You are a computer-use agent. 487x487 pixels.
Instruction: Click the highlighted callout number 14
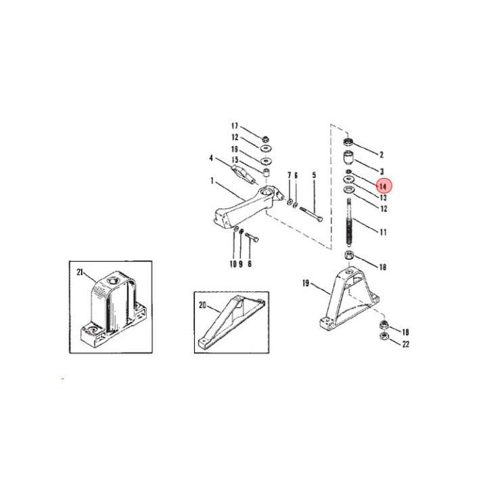click(x=382, y=186)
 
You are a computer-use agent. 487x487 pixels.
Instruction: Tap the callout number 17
click(x=235, y=126)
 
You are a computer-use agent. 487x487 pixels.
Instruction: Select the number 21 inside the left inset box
click(x=80, y=273)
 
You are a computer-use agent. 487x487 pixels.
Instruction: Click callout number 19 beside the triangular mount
click(x=306, y=284)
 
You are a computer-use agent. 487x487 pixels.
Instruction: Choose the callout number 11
click(x=383, y=232)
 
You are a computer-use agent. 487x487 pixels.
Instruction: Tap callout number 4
click(x=211, y=159)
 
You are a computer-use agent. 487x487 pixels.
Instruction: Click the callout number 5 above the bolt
click(x=314, y=176)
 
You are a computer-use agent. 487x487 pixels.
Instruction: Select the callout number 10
click(x=233, y=264)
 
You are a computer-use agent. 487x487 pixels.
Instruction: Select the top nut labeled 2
click(x=349, y=141)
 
